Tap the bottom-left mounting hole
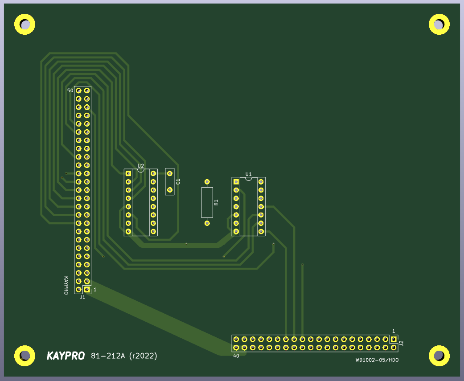tap(25, 356)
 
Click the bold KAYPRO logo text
tap(66, 356)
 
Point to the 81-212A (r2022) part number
tap(124, 356)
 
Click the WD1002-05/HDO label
tap(377, 360)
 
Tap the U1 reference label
tap(249, 174)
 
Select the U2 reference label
tap(141, 166)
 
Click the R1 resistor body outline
tap(207, 202)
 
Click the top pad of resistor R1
tap(207, 182)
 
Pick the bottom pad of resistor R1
tap(207, 223)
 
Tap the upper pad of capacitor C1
tap(169, 173)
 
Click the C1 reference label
tap(178, 181)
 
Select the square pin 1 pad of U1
tap(236, 182)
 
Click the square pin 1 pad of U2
tap(128, 173)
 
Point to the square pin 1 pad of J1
tap(87, 290)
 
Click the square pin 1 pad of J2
tap(394, 339)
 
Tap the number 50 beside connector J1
tap(70, 90)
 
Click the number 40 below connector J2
tap(236, 356)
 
